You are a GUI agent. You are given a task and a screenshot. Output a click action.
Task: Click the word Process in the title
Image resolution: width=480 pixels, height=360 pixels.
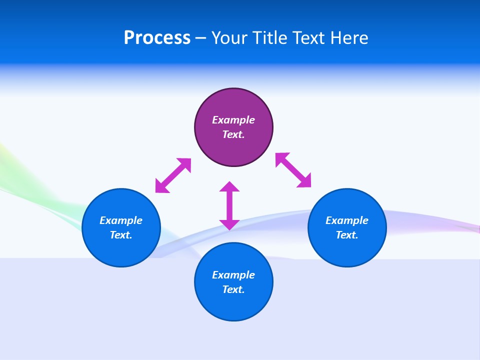pyautogui.click(x=157, y=38)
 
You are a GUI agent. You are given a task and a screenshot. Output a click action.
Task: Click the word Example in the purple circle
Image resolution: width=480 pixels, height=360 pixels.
pyautogui.click(x=233, y=120)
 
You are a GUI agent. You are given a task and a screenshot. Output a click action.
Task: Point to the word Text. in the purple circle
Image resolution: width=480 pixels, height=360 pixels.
pyautogui.click(x=233, y=134)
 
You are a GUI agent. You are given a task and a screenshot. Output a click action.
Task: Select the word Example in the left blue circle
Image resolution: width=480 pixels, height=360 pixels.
pyautogui.click(x=121, y=220)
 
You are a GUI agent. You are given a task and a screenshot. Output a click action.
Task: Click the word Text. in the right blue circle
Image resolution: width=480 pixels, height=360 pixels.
pyautogui.click(x=347, y=235)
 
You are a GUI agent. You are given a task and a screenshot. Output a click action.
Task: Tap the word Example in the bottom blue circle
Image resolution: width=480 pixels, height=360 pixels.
pyautogui.click(x=233, y=275)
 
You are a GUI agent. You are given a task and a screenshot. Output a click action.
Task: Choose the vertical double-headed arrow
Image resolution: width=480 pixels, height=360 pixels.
pyautogui.click(x=229, y=205)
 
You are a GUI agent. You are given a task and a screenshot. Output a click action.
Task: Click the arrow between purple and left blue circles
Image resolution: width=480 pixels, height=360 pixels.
pyautogui.click(x=173, y=175)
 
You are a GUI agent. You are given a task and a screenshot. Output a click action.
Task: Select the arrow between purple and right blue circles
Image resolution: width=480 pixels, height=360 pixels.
pyautogui.click(x=293, y=170)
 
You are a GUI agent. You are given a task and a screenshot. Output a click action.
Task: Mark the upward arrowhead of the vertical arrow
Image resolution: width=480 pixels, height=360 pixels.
pyautogui.click(x=229, y=186)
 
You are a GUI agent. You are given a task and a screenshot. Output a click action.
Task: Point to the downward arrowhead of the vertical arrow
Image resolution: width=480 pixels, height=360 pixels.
pyautogui.click(x=229, y=224)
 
